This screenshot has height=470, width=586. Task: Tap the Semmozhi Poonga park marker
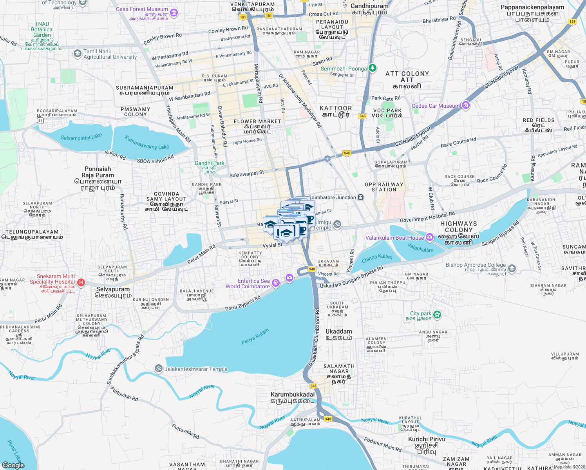pyautogui.click(x=373, y=68)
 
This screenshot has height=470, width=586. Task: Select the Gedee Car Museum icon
pyautogui.click(x=465, y=105)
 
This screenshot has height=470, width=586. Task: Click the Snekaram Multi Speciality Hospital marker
pyautogui.click(x=81, y=282)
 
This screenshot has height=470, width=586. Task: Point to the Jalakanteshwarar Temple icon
pyautogui.click(x=159, y=368)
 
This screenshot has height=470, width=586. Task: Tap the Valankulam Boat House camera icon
pyautogui.click(x=430, y=237)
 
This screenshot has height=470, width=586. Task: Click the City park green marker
pyautogui.click(x=437, y=314)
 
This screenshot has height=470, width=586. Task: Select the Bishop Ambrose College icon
pyautogui.click(x=512, y=269)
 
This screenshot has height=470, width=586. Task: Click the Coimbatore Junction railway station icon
pyautogui.click(x=360, y=197)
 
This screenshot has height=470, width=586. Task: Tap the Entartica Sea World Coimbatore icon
pyautogui.click(x=276, y=283)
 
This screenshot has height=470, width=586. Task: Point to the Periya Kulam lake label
pyautogui.click(x=255, y=336)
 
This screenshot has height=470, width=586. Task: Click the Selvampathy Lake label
pyautogui.click(x=81, y=137)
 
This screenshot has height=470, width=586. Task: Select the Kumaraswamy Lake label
pyautogui.click(x=147, y=143)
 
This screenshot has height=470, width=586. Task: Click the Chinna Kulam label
pyautogui.click(x=377, y=258)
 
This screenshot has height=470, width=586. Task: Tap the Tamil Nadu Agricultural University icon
pyautogui.click(x=77, y=53)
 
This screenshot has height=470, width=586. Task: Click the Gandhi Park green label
pyautogui.click(x=210, y=163)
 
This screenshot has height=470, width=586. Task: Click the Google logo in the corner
pyautogui.click(x=13, y=465)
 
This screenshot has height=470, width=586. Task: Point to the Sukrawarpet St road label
pyautogui.click(x=247, y=174)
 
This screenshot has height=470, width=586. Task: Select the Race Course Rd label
pyautogui.click(x=458, y=142)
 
